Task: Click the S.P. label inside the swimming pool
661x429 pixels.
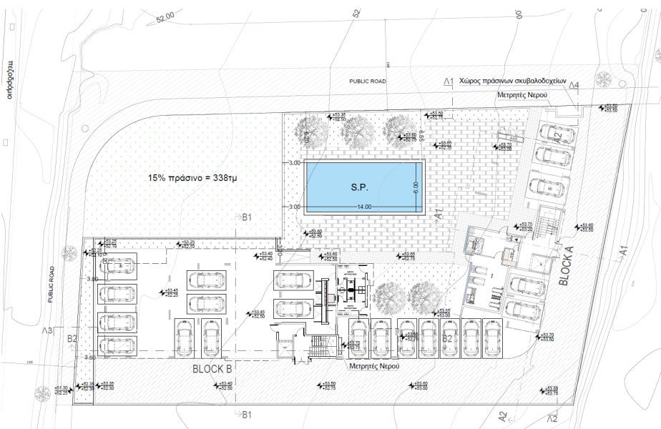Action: pyautogui.click(x=358, y=188)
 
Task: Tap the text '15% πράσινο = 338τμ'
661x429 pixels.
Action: pyautogui.click(x=192, y=177)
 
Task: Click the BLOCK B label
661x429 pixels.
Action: pyautogui.click(x=212, y=370)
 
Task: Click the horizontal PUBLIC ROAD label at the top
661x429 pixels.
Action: pyautogui.click(x=367, y=82)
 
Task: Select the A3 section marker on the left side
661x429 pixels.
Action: pyautogui.click(x=47, y=330)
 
